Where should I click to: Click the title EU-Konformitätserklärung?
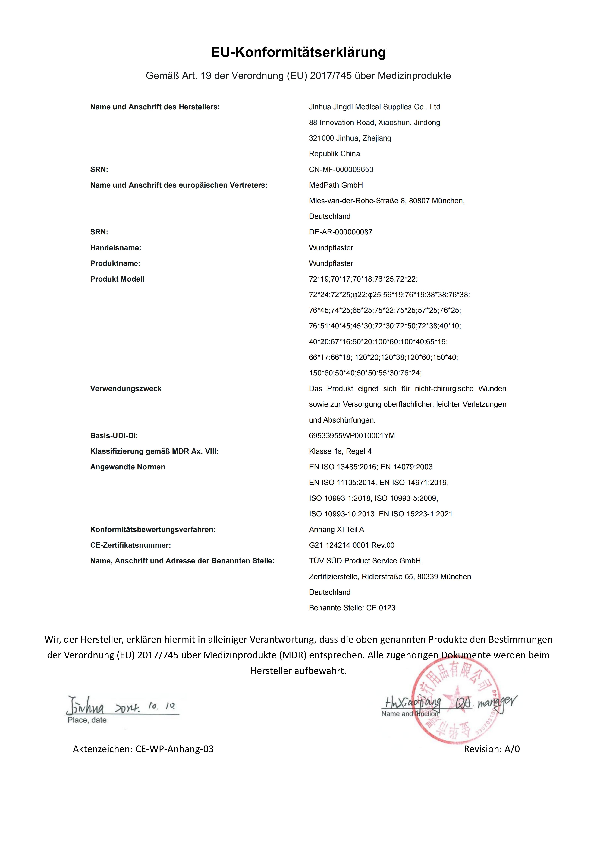point(298,52)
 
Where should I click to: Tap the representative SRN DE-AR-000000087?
point(340,232)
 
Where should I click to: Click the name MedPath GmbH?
point(336,185)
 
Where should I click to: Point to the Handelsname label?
point(115,248)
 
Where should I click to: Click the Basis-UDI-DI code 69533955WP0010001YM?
point(352,436)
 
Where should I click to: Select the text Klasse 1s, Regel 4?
point(340,451)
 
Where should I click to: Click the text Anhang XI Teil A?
point(336,530)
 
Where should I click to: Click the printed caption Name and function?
point(410,714)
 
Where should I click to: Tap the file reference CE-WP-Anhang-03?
point(174,749)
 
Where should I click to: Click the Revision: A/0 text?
point(492,749)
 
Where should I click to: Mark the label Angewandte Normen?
point(127,467)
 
